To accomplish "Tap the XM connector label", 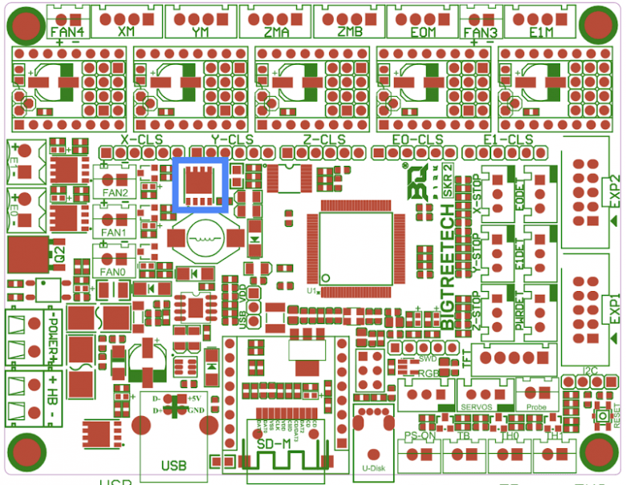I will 126,31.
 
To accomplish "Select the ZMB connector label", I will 349,31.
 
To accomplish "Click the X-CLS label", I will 141,139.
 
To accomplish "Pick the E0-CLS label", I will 417,139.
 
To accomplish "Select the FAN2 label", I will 115,193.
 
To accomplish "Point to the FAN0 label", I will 115,272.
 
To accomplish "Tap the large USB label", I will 173,465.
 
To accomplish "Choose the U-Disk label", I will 375,467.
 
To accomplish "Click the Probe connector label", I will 536,407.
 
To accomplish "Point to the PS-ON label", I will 419,436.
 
